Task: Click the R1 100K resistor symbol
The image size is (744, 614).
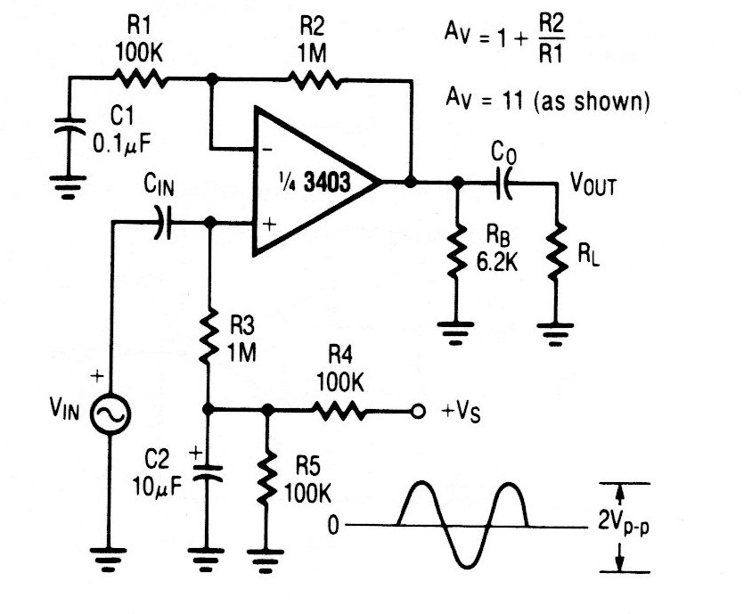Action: pos(140,78)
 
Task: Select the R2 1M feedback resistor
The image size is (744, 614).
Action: pos(315,78)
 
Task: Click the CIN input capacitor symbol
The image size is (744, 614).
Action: pos(160,223)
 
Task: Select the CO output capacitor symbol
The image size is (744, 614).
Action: pos(504,184)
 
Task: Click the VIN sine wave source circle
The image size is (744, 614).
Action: pos(111,412)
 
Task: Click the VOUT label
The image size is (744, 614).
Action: pos(594,184)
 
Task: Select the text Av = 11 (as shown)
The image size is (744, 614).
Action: pos(547,102)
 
